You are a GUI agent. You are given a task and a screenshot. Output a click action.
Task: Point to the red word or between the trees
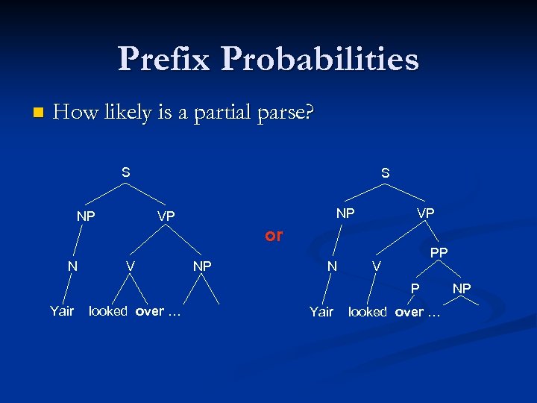pos(274,235)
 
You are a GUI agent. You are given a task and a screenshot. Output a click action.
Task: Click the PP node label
pos(439,253)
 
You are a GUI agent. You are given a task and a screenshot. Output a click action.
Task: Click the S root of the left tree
pos(126,172)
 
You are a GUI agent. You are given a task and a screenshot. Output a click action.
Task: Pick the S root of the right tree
pos(385,173)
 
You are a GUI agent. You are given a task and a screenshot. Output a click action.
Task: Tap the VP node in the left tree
pos(166,216)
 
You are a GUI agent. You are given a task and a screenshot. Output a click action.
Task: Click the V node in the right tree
pos(377,266)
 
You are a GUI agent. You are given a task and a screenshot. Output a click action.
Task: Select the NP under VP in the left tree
pos(202,266)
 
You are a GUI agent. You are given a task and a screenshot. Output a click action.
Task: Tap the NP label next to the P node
pos(462,288)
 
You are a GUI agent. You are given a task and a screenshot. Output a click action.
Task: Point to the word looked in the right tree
pos(368,312)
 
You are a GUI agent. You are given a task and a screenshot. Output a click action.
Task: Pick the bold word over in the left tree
pos(149,311)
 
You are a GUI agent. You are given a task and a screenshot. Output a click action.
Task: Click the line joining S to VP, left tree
pos(146,194)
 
